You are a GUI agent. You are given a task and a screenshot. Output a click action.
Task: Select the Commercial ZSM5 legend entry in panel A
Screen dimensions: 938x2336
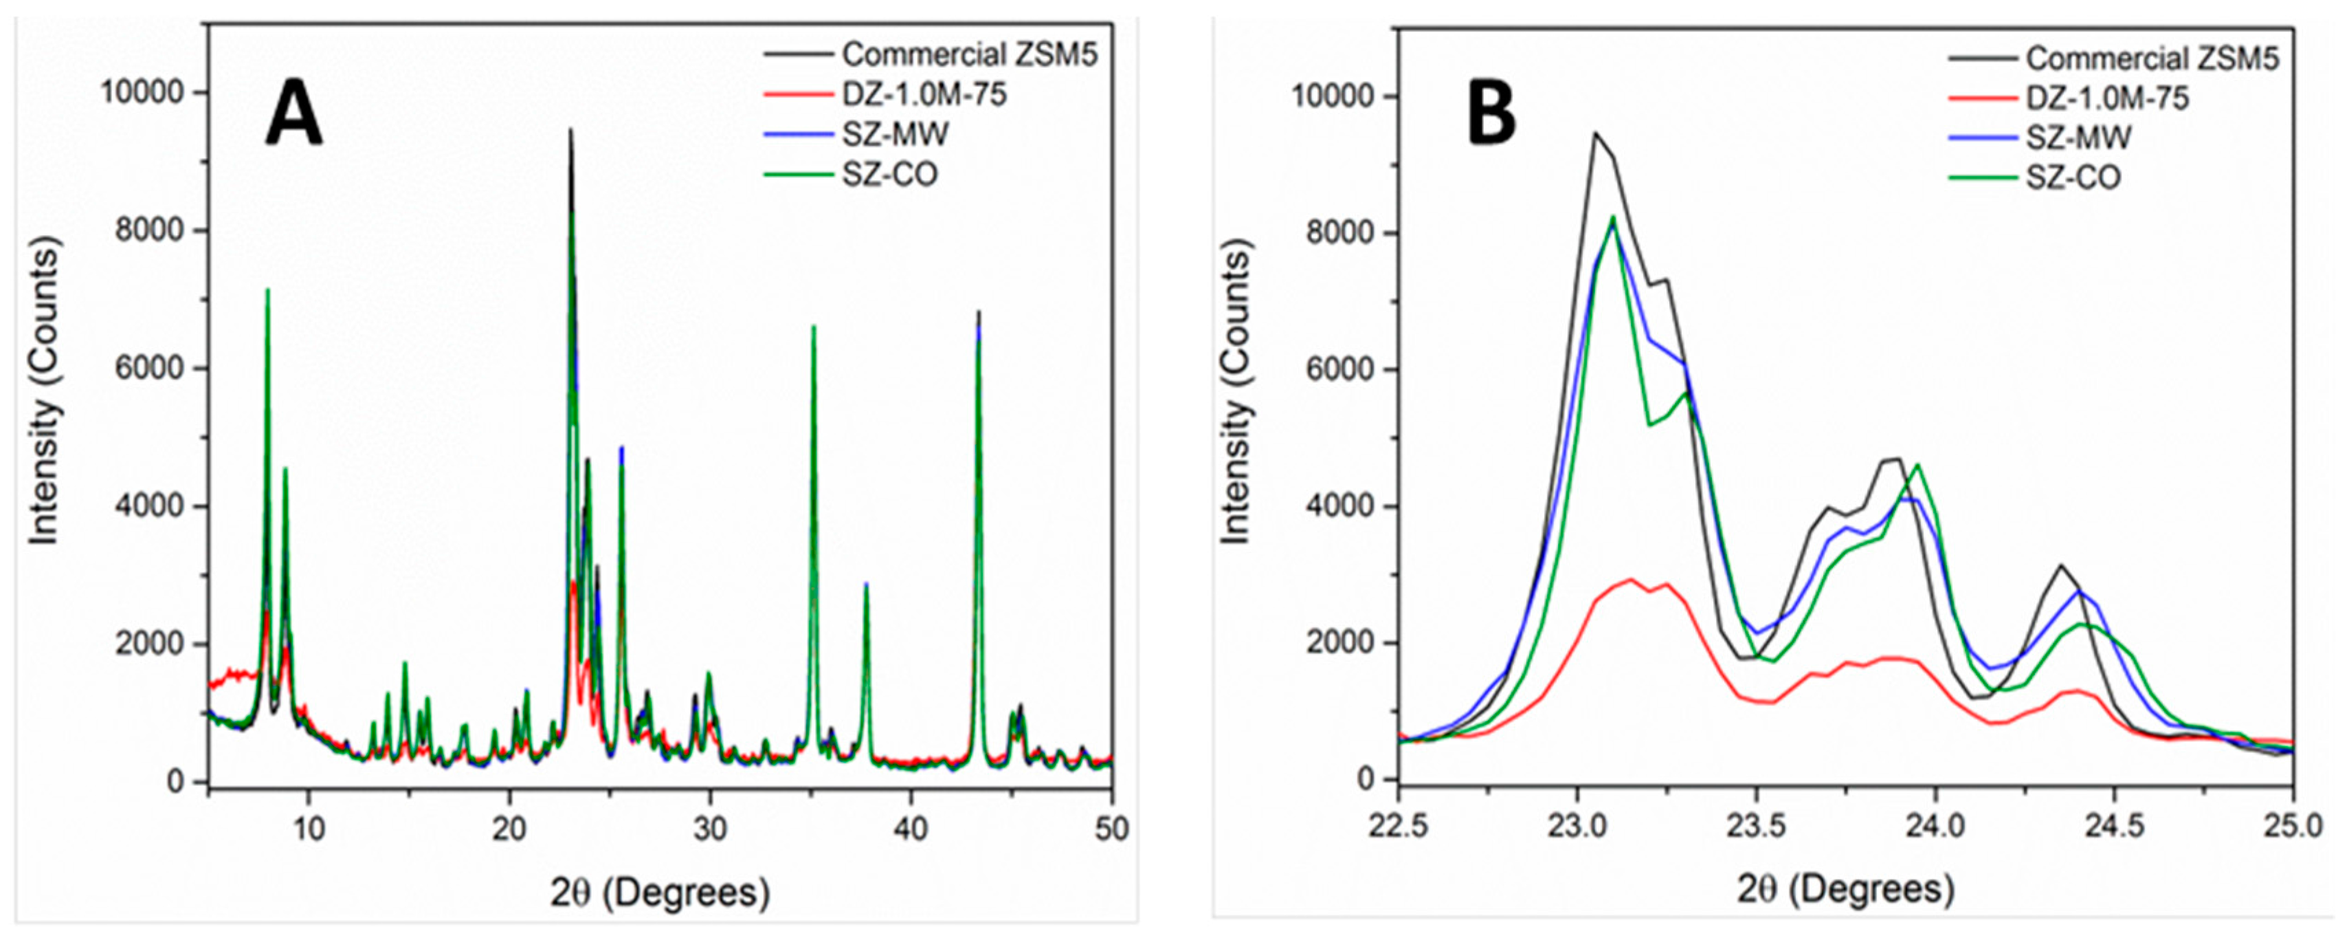click(968, 54)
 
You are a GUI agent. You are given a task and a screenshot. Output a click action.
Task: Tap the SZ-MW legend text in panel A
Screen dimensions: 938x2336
click(895, 134)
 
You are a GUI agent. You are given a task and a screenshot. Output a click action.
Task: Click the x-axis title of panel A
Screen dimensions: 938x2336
click(660, 892)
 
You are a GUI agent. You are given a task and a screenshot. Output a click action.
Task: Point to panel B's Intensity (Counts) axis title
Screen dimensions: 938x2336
click(1235, 392)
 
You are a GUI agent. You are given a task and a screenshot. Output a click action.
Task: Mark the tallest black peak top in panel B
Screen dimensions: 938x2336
click(1595, 133)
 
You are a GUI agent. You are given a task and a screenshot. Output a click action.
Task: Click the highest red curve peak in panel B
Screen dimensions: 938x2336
click(1630, 579)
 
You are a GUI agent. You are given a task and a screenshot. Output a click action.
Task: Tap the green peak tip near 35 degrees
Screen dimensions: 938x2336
click(814, 326)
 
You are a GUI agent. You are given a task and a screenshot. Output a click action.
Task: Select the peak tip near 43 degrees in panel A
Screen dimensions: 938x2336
click(979, 312)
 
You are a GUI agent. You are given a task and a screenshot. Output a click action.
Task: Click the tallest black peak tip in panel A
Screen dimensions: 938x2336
click(570, 130)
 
